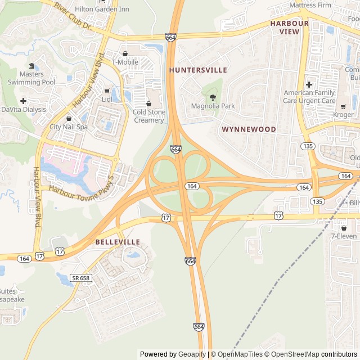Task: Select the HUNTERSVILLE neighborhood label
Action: (x=198, y=70)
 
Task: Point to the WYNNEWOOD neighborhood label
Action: (x=249, y=129)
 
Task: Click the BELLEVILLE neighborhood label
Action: (x=118, y=242)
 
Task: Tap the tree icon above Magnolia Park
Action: (x=212, y=97)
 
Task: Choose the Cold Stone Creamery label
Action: (x=149, y=116)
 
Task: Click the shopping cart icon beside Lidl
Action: (x=107, y=91)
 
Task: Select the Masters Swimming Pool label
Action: (x=31, y=78)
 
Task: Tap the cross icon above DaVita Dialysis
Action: (x=23, y=101)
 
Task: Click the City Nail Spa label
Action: (x=69, y=127)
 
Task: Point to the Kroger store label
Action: (x=343, y=115)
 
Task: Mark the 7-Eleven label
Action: (x=344, y=236)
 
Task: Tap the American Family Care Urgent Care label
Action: (x=309, y=97)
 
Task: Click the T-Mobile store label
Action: (x=125, y=62)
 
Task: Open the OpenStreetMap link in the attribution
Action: (x=292, y=354)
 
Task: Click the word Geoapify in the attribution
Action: (x=192, y=354)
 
